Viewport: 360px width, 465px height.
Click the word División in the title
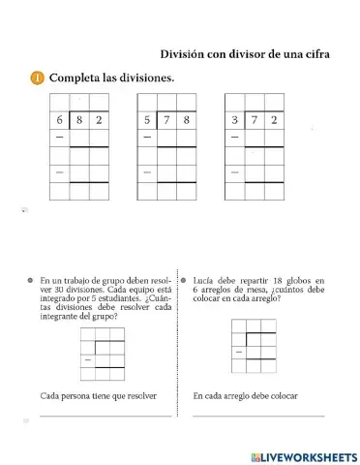[x=184, y=54]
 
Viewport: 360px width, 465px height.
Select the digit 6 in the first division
[x=61, y=121]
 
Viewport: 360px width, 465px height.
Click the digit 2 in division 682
[x=100, y=121]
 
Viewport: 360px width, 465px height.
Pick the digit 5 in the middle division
[x=148, y=121]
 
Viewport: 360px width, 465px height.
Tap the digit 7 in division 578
[x=167, y=121]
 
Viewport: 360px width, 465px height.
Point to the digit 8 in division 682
[x=80, y=121]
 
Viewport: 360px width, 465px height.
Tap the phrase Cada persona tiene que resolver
[x=99, y=395]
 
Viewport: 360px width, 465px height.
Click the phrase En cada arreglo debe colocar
[x=246, y=395]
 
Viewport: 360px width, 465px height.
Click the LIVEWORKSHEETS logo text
[x=308, y=455]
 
